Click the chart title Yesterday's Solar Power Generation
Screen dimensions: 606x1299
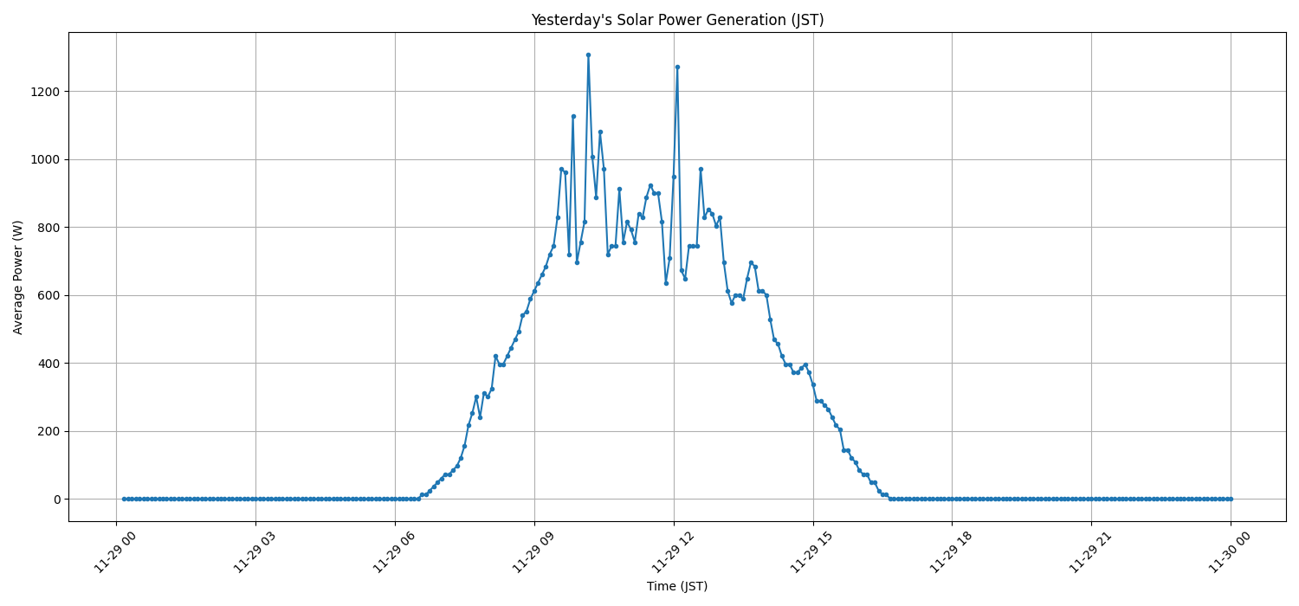(677, 20)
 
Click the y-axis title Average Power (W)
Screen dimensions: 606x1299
(18, 277)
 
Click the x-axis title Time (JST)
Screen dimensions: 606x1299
(677, 586)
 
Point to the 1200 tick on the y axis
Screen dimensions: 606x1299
(45, 92)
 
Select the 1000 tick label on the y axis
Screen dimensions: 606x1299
(45, 159)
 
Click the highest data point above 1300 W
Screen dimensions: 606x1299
(588, 55)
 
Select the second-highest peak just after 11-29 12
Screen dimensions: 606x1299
(677, 67)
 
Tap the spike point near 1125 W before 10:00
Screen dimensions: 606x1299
(573, 116)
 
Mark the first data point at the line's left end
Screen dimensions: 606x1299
(124, 499)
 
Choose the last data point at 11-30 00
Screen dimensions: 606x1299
(1231, 499)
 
